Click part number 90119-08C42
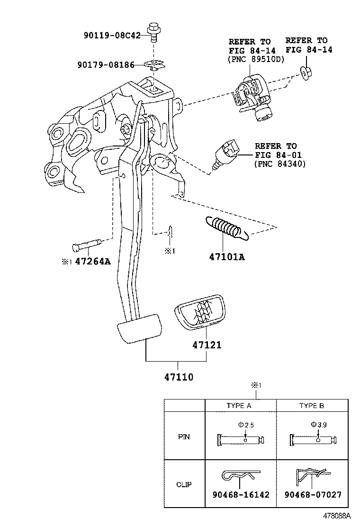pyautogui.click(x=112, y=35)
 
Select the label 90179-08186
pyautogui.click(x=105, y=65)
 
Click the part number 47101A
pyautogui.click(x=227, y=257)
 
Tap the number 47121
pyautogui.click(x=207, y=345)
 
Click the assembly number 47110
pyautogui.click(x=179, y=378)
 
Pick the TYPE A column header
pyautogui.click(x=239, y=406)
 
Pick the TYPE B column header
pyautogui.click(x=311, y=406)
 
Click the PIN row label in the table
pyautogui.click(x=184, y=437)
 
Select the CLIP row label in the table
pyautogui.click(x=184, y=485)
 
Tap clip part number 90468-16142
pyautogui.click(x=240, y=495)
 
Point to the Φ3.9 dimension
pyautogui.click(x=318, y=425)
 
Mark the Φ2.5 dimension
pyautogui.click(x=246, y=426)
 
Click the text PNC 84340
pyautogui.click(x=280, y=164)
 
